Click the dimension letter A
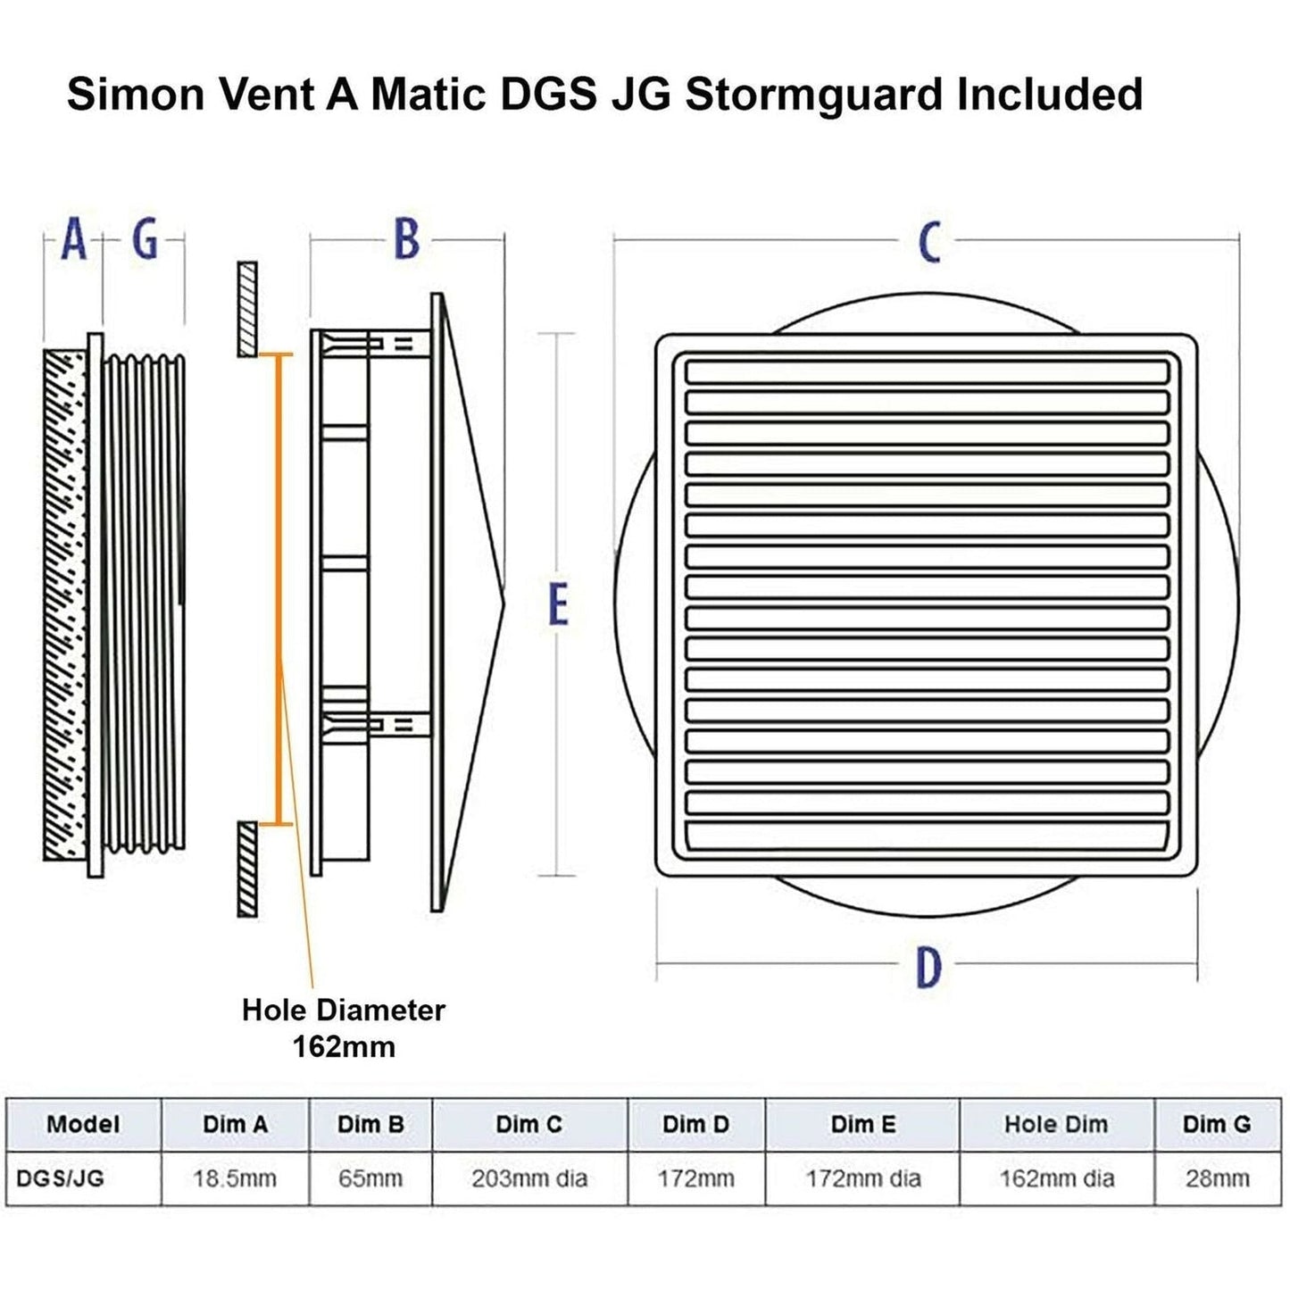(x=74, y=240)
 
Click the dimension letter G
(x=145, y=240)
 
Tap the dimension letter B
(x=406, y=239)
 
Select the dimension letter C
(x=929, y=242)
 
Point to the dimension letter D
(x=928, y=967)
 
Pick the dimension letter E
(x=558, y=604)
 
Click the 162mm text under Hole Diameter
(x=344, y=1046)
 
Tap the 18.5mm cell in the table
(x=235, y=1178)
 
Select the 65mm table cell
(x=370, y=1178)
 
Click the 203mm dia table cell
(x=529, y=1178)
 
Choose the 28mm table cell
(x=1217, y=1178)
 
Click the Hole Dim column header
(x=1056, y=1124)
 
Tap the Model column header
(x=83, y=1124)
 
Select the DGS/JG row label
(x=60, y=1178)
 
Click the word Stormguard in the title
(x=813, y=94)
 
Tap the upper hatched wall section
(x=247, y=309)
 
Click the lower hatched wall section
(x=247, y=868)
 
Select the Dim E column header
(x=862, y=1124)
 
